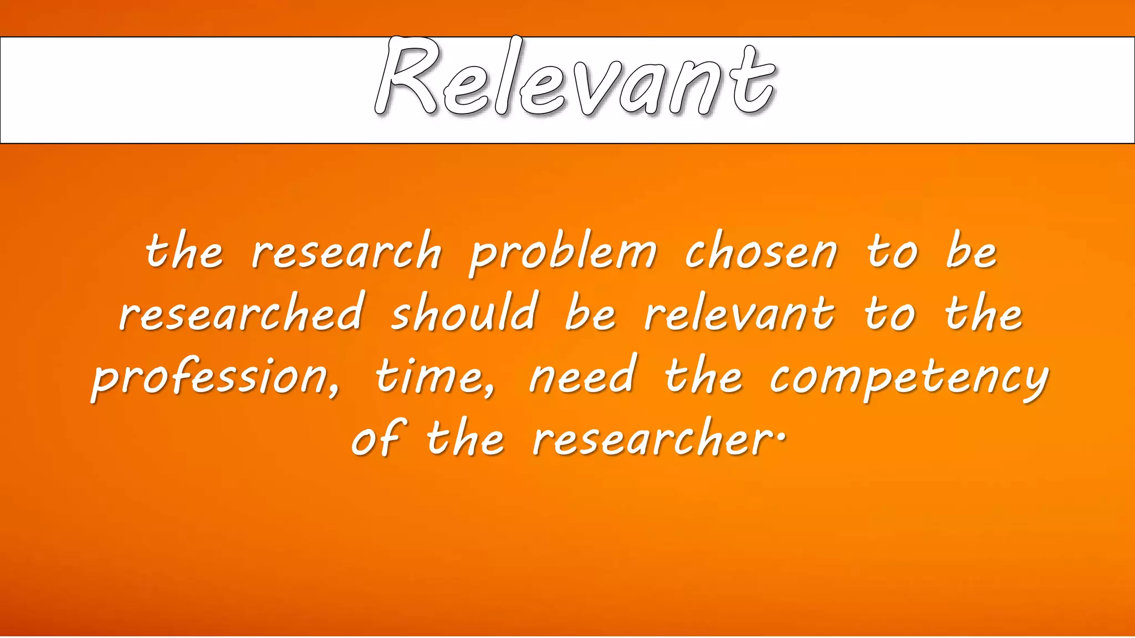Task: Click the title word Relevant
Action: (x=575, y=78)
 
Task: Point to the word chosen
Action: (x=761, y=252)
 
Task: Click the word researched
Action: (x=242, y=313)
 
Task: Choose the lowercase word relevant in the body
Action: (x=739, y=313)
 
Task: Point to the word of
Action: (x=379, y=438)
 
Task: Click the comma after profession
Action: (x=333, y=391)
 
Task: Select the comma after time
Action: (x=489, y=391)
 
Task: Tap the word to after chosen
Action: (x=892, y=252)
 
